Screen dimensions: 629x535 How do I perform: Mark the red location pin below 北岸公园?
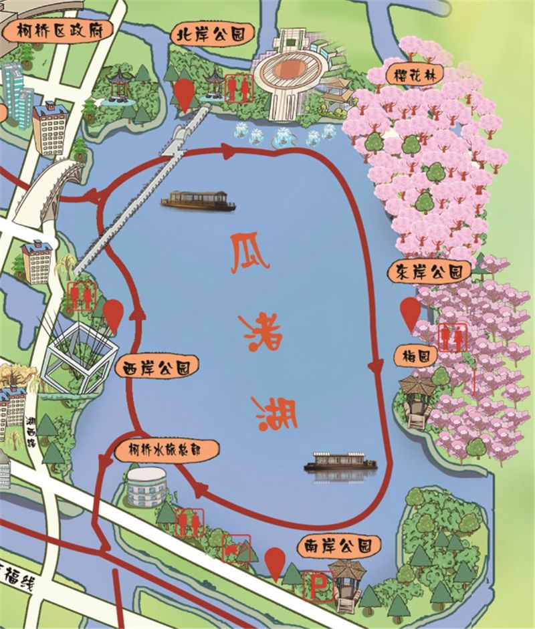(x=185, y=94)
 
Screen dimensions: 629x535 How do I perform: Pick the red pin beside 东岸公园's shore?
(x=410, y=313)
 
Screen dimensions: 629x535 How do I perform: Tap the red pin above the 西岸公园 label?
(x=114, y=314)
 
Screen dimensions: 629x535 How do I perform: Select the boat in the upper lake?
(x=198, y=201)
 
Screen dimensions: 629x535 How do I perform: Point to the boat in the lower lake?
(x=341, y=462)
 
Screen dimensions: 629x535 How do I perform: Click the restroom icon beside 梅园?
(x=452, y=338)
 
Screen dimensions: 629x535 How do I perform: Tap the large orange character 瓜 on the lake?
(x=249, y=253)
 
